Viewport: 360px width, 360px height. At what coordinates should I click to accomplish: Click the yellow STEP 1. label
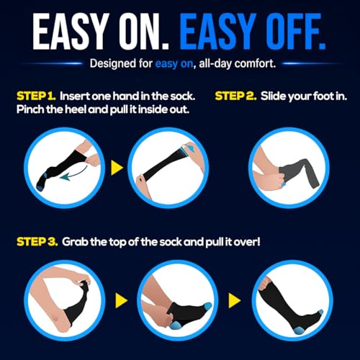36,96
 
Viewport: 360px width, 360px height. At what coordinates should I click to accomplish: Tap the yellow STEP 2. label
235,96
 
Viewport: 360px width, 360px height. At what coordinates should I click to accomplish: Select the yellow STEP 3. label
37,242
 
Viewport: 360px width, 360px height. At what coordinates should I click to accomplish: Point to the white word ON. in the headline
144,32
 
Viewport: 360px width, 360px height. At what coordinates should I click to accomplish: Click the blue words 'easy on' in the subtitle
174,64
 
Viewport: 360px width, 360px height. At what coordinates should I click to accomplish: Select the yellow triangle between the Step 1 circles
117,168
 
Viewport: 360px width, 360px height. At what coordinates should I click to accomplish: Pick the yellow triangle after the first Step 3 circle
121,300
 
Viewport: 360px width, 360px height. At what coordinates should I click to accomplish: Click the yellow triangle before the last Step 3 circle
235,300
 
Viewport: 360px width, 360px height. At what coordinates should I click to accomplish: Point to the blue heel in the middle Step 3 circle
176,326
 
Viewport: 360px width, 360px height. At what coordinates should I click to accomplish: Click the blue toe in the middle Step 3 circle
207,307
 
